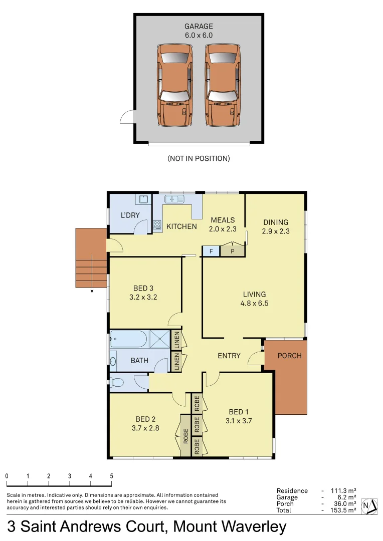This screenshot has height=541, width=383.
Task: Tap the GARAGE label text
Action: coord(199,27)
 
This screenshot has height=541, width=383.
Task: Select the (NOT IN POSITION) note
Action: coord(199,158)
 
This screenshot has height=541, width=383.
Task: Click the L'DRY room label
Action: coord(130,215)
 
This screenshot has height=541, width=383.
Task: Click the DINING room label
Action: coord(276,222)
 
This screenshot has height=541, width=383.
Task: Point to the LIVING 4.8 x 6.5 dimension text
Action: coord(255,303)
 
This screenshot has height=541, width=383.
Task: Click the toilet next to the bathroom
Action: coord(117,383)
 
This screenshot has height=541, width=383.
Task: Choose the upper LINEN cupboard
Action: coord(176,340)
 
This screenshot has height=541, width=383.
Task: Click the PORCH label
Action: coord(290,356)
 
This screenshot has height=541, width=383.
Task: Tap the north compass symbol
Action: coord(369,506)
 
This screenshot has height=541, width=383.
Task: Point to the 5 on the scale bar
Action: coord(111,476)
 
